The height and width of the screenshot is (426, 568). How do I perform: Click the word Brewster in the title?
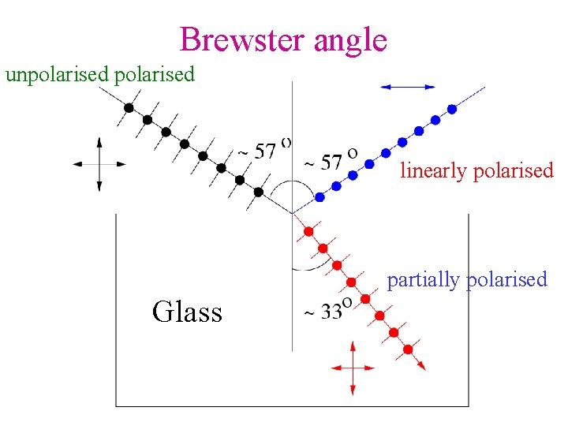tap(242, 39)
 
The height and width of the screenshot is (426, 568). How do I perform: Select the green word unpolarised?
tap(58, 75)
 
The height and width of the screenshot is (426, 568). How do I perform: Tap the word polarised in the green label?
tap(154, 75)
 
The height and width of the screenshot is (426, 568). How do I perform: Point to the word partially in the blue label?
tap(424, 279)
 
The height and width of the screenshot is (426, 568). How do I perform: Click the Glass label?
tap(187, 312)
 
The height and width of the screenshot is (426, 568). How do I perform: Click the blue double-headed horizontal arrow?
tap(407, 87)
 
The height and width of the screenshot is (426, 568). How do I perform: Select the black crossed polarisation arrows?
tap(99, 164)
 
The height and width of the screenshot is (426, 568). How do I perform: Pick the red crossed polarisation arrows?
tap(352, 368)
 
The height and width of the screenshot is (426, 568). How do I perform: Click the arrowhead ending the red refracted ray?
tap(422, 365)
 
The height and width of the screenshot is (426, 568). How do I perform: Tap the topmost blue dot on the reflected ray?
tap(452, 108)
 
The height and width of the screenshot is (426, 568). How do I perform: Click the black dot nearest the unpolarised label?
tap(129, 107)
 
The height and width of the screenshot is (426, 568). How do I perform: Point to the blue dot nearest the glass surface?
tap(320, 197)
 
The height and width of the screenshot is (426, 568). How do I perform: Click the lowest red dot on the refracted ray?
tap(408, 349)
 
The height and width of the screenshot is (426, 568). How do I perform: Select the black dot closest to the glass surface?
tap(259, 192)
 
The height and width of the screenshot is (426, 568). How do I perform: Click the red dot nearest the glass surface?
tap(308, 232)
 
